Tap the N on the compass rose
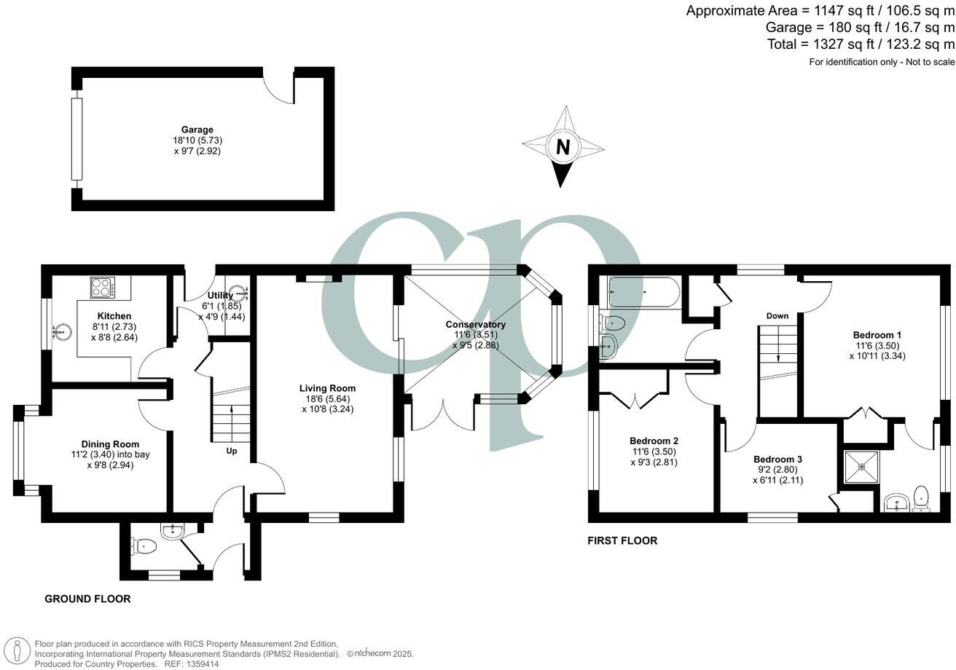tap(563, 147)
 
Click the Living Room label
tap(327, 388)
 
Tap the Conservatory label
tap(476, 324)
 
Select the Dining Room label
tap(110, 444)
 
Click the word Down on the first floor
tap(777, 316)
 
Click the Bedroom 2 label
tap(654, 441)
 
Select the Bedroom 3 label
tap(777, 460)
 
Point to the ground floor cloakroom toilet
tap(142, 544)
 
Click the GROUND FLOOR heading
tap(87, 599)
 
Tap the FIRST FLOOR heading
tap(622, 540)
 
